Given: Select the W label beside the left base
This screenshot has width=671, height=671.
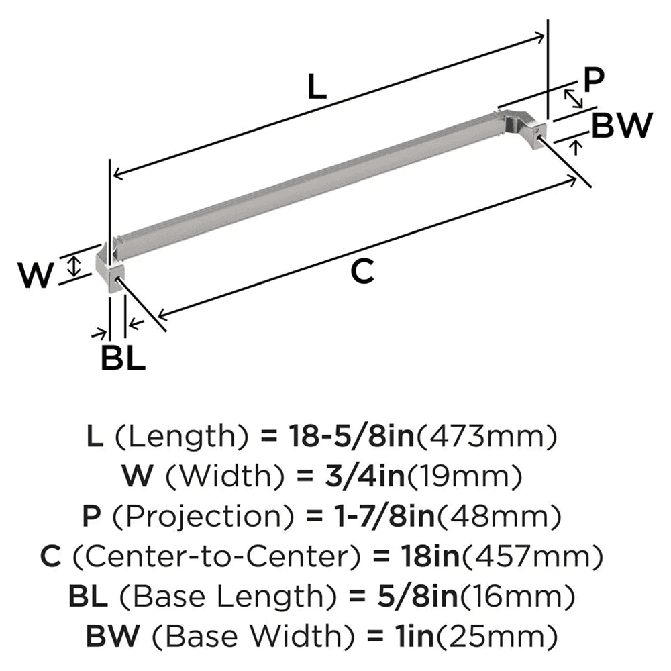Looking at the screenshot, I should pos(34,275).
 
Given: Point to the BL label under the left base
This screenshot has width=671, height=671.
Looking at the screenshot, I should pos(123,358).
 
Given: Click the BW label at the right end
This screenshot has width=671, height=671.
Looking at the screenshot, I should pos(622,125).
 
